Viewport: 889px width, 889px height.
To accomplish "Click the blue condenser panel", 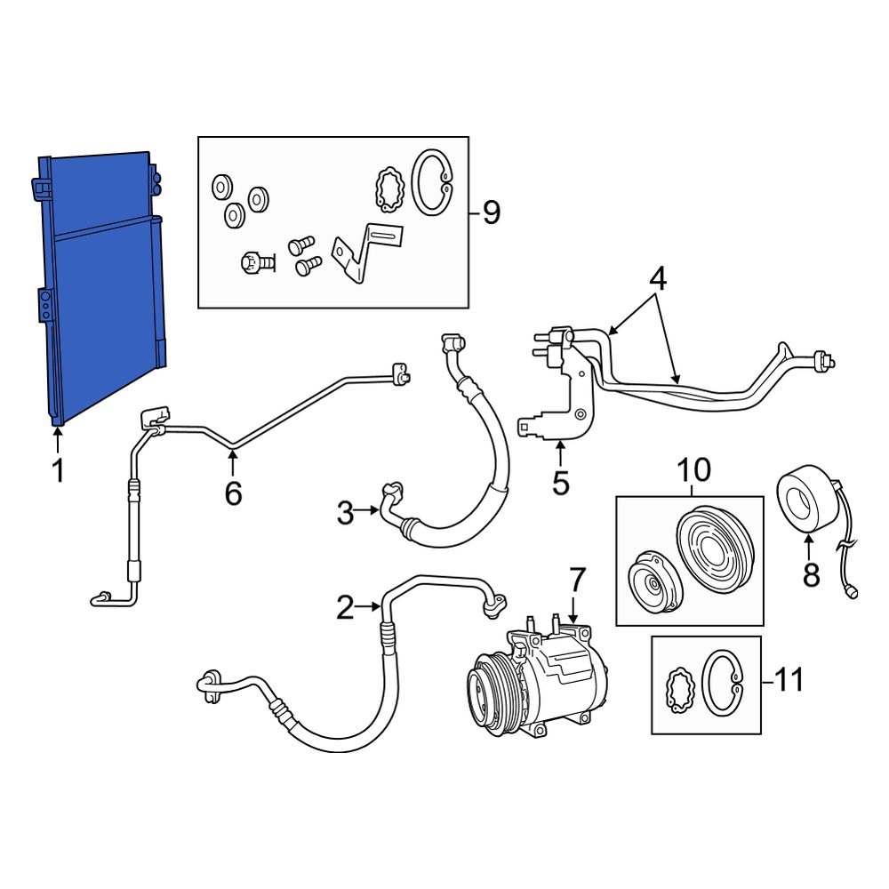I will [102, 284].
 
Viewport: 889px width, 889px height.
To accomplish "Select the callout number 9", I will [491, 212].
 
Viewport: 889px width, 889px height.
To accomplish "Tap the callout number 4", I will [657, 279].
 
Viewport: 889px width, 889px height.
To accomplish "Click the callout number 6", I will [233, 492].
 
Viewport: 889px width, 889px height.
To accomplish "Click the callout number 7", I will [577, 581].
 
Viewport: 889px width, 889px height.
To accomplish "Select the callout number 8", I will [811, 576].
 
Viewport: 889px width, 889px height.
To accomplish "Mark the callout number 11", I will [788, 681].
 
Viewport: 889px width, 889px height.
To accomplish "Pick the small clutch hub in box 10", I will [653, 580].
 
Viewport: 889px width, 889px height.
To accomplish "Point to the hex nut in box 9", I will [252, 262].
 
